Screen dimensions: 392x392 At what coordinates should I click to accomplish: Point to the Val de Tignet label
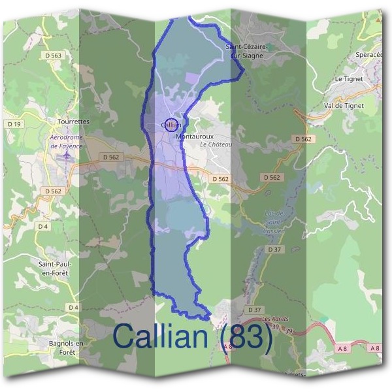tap(344, 105)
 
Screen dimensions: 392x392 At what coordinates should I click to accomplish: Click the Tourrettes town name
tap(73, 122)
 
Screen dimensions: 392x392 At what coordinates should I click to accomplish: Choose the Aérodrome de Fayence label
tap(67, 142)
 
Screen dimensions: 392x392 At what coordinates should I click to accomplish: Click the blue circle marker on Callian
tap(171, 124)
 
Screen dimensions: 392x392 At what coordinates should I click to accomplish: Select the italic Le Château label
tap(216, 144)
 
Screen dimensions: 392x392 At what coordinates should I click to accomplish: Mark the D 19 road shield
tap(14, 123)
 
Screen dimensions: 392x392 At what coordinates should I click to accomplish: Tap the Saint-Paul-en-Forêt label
tap(55, 267)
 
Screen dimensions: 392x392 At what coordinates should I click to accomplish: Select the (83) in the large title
tap(246, 337)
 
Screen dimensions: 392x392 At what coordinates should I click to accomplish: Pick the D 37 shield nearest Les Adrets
tap(254, 309)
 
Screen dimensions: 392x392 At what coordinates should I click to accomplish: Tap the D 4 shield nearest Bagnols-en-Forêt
tap(73, 307)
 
